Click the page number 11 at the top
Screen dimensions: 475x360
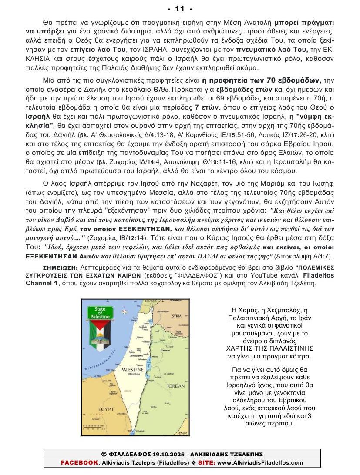(x=180, y=8)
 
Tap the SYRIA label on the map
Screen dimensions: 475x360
(x=176, y=316)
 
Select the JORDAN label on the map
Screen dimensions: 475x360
(x=176, y=385)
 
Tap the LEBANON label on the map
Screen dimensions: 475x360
(x=151, y=301)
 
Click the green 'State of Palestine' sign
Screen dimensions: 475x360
(x=100, y=312)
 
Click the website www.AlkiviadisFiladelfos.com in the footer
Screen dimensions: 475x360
(x=259, y=462)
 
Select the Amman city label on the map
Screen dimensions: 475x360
(x=165, y=351)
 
